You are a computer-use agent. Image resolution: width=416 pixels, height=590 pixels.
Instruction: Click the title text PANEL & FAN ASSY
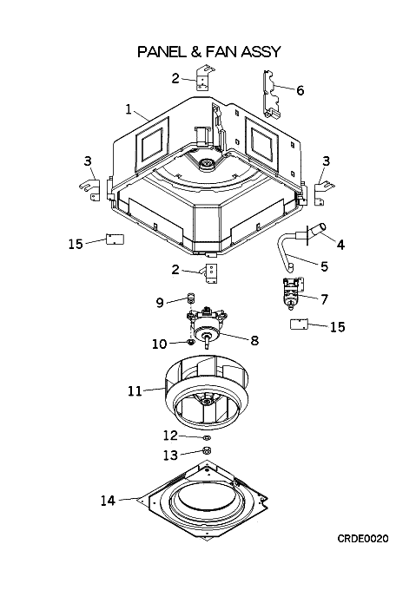pos(209,51)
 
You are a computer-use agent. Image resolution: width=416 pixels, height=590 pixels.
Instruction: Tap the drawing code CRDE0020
pos(362,539)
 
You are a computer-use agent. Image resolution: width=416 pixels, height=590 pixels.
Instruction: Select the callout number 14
pos(108,501)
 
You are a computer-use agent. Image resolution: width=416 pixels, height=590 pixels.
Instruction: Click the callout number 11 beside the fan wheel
pos(135,391)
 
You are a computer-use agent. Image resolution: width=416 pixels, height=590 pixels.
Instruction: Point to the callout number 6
pos(300,90)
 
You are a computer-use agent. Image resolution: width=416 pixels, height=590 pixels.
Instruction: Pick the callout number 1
pos(129,109)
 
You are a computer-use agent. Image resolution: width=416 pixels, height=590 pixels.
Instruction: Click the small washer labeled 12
pos(207,438)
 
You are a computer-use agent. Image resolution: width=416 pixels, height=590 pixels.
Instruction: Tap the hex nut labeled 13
pos(207,450)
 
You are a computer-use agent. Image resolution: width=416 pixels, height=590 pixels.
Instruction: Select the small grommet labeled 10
pos(191,342)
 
